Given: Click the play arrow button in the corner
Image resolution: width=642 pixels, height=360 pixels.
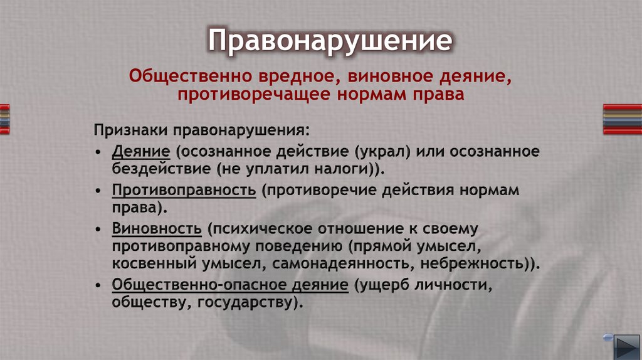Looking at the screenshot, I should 625,345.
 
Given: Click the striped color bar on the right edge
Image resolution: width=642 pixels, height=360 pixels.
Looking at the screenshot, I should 622,119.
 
